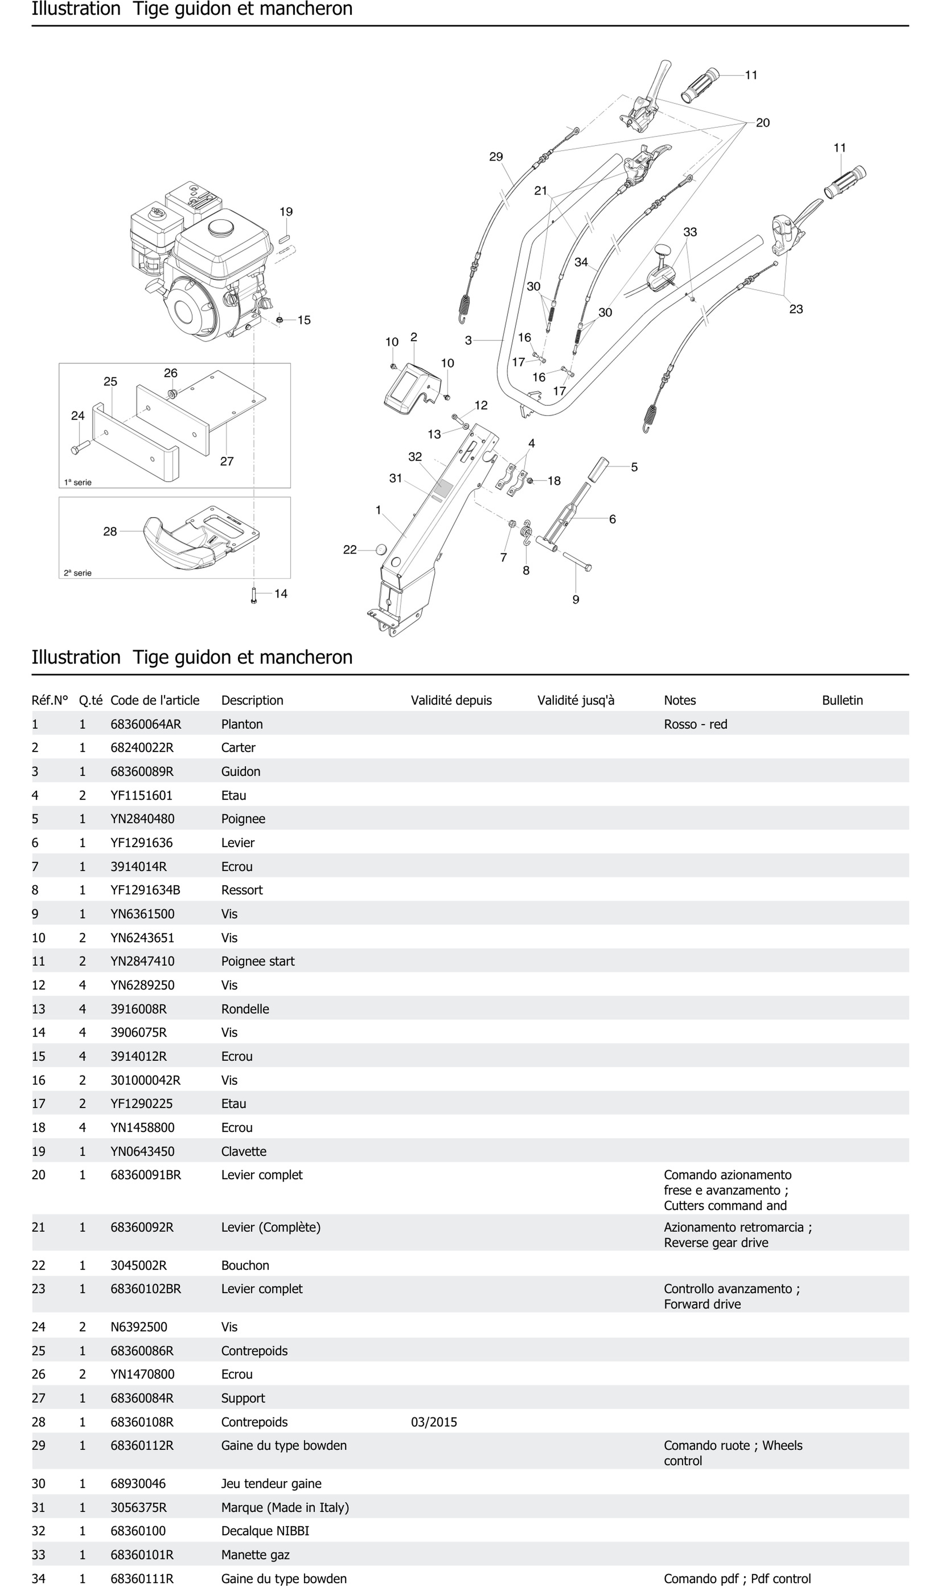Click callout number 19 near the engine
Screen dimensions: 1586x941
[x=286, y=212]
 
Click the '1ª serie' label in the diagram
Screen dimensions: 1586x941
[x=78, y=482]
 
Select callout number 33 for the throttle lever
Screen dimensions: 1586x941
[x=690, y=232]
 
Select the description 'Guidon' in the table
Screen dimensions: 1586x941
[x=241, y=771]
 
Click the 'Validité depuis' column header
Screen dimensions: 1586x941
[x=451, y=700]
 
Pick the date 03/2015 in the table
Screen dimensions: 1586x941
[x=434, y=1422]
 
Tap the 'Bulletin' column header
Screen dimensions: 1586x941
[x=842, y=700]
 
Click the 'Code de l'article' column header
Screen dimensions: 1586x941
[x=155, y=700]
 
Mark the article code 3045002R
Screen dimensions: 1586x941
[x=138, y=1265]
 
